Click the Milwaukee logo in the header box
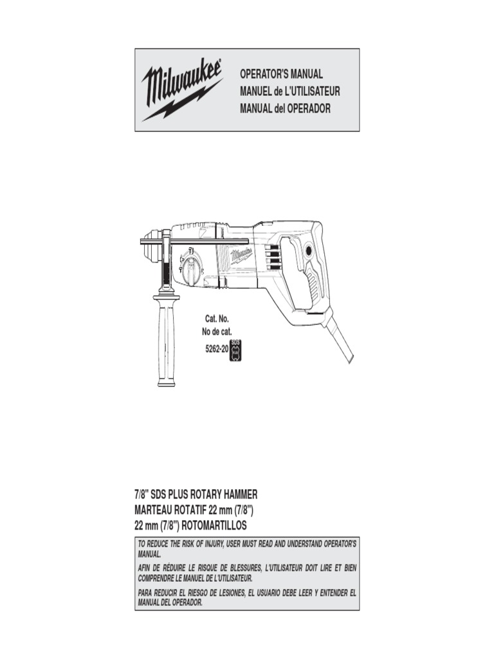click(x=183, y=90)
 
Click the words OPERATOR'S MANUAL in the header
click(x=281, y=75)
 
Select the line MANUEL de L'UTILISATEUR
click(x=289, y=91)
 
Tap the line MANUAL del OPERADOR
click(x=285, y=108)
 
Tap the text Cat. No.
click(x=217, y=319)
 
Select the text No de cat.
click(x=217, y=332)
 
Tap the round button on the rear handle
click(x=309, y=250)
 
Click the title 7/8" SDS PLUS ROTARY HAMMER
click(x=196, y=494)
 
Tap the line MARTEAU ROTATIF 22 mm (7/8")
click(x=196, y=510)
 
